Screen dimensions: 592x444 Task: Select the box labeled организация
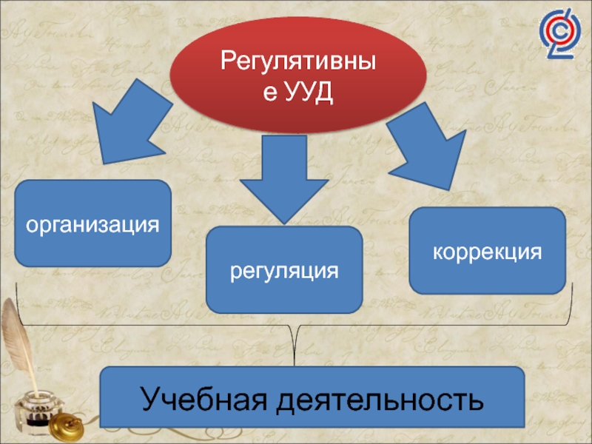pyautogui.click(x=92, y=223)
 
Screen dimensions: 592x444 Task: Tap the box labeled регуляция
pyautogui.click(x=284, y=270)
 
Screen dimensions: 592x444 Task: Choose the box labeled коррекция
pyautogui.click(x=487, y=251)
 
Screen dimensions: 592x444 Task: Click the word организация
pyautogui.click(x=92, y=223)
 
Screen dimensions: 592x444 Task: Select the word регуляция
pyautogui.click(x=284, y=270)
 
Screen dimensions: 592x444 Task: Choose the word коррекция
pyautogui.click(x=487, y=251)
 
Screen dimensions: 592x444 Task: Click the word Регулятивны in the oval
pyautogui.click(x=299, y=62)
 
